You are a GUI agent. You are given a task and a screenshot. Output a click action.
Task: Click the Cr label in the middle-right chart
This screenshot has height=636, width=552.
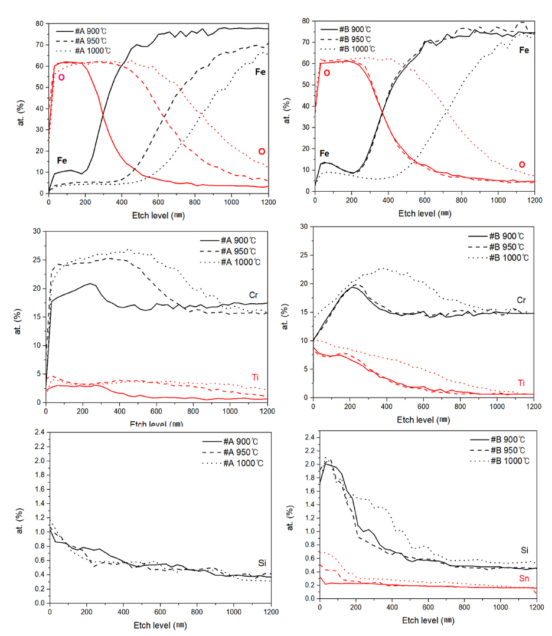point(521,300)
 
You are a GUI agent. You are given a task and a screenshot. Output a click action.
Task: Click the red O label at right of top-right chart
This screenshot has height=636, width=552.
point(521,164)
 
